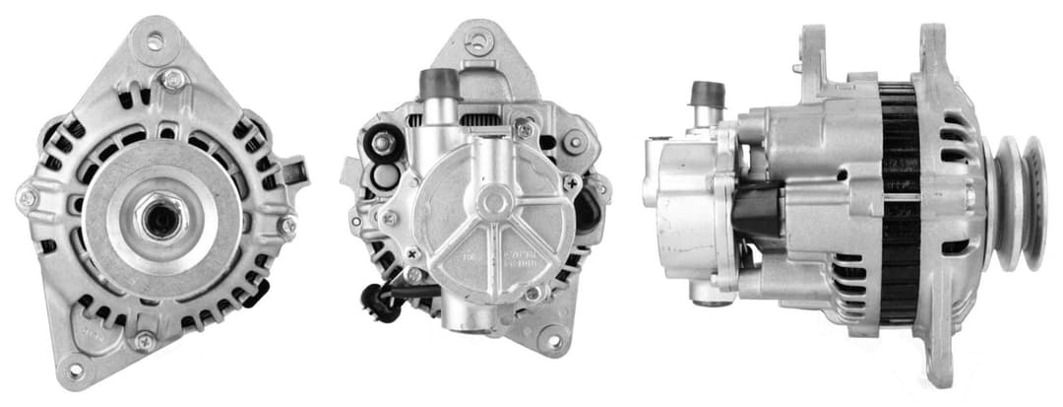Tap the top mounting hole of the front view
pyautogui.click(x=154, y=41)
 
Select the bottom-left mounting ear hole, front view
pyautogui.click(x=75, y=371)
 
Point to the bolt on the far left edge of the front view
pyautogui.click(x=27, y=198)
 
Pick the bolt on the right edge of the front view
pyautogui.click(x=286, y=226)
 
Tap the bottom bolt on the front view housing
pyautogui.click(x=145, y=341)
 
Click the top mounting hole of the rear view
pyautogui.click(x=478, y=42)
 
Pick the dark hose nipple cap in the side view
pyautogui.click(x=708, y=96)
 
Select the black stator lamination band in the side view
pyautogui.click(x=899, y=202)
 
